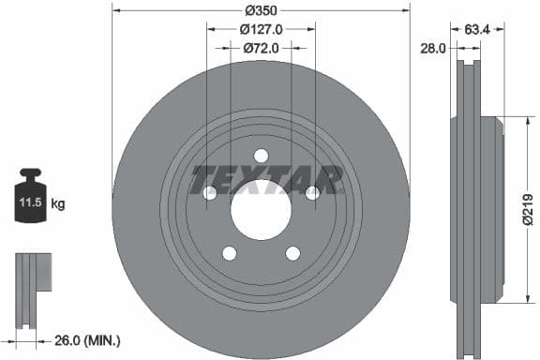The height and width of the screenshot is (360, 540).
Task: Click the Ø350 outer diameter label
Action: click(261, 10)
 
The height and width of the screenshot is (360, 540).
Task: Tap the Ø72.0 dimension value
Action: click(262, 47)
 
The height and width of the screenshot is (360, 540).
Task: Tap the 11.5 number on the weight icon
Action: click(29, 202)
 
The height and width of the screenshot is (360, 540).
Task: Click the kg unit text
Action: click(57, 202)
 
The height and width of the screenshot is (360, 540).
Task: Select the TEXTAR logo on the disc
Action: click(266, 178)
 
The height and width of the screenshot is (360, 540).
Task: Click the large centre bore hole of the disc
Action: click(261, 207)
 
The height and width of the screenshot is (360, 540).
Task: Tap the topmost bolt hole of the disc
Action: click(261, 156)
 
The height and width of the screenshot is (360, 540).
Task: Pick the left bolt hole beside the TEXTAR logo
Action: click(210, 193)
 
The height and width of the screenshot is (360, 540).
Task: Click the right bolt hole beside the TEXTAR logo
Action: click(312, 193)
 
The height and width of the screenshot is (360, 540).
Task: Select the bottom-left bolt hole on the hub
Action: click(230, 252)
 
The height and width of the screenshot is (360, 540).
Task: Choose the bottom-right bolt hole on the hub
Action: click(292, 252)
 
